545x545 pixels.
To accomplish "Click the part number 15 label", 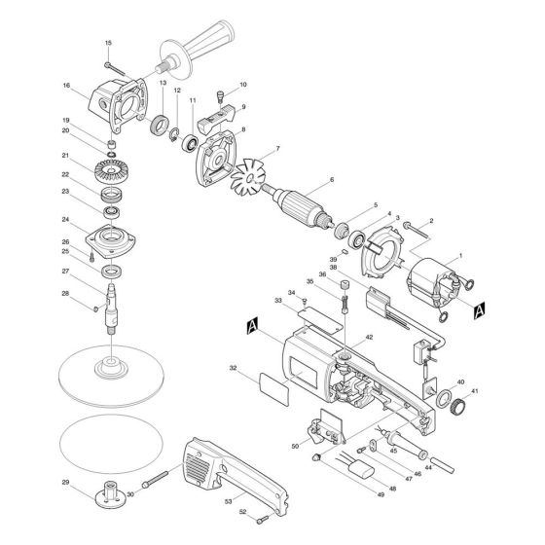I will tap(108, 43).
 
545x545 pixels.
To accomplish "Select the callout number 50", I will tap(294, 445).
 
